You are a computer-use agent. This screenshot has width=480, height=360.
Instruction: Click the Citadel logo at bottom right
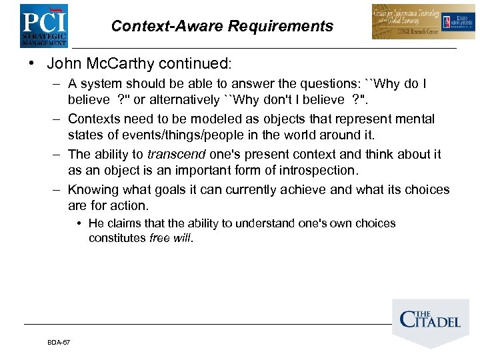[x=430, y=319]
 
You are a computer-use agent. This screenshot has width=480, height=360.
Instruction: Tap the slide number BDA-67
[x=59, y=343]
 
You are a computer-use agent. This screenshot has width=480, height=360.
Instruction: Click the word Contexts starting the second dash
[x=94, y=119]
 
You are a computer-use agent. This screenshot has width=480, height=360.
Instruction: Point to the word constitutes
[x=117, y=238]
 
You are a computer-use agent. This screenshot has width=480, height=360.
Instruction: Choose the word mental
[x=417, y=119]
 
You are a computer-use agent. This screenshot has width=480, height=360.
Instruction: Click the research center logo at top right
[x=415, y=22]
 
